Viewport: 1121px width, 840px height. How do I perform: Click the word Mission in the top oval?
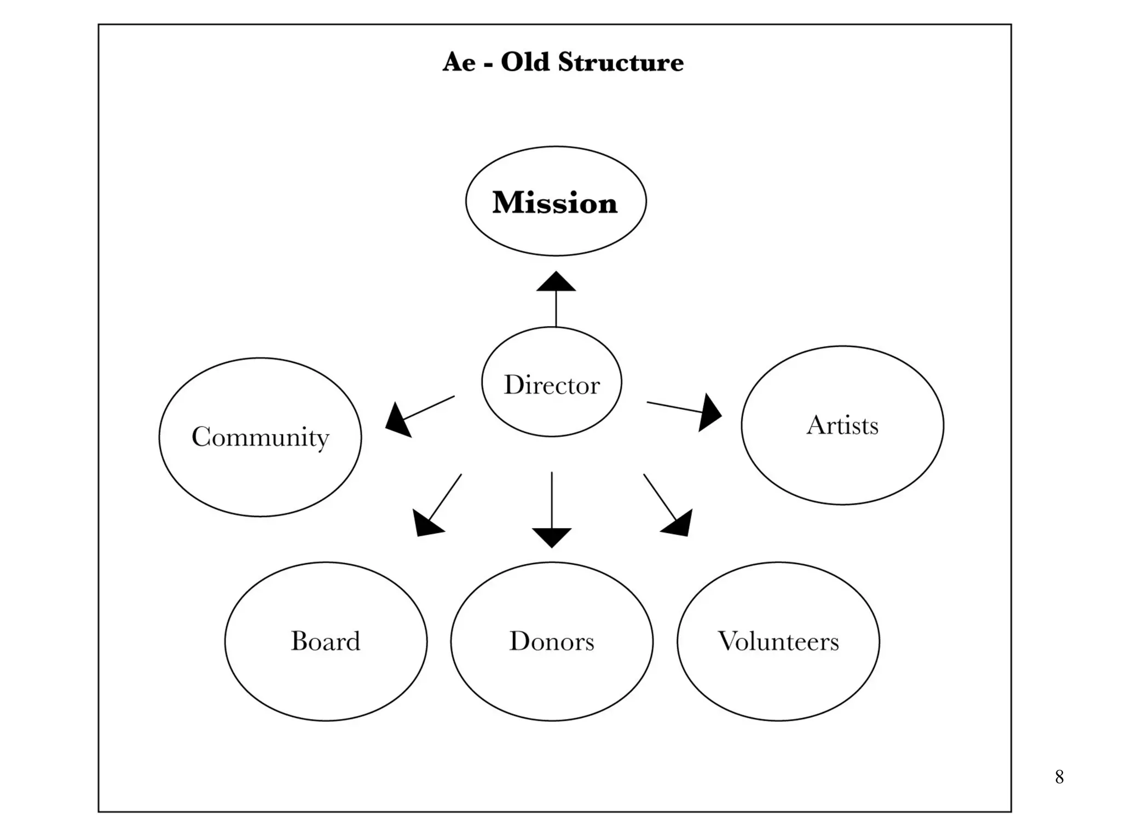[x=554, y=202]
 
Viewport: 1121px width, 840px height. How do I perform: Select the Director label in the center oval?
[x=552, y=385]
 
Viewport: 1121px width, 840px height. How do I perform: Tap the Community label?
[x=261, y=437]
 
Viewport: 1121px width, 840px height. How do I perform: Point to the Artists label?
[x=842, y=425]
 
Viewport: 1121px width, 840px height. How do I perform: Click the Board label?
[x=326, y=641]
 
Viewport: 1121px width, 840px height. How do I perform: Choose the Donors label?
[x=552, y=641]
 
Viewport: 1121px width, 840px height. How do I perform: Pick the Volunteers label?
[x=778, y=641]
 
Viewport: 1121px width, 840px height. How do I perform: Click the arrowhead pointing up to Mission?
[x=556, y=282]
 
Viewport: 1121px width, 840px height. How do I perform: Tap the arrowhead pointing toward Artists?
[x=709, y=413]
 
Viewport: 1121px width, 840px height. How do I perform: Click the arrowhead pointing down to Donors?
[x=552, y=536]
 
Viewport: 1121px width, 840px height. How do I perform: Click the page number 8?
[x=1059, y=777]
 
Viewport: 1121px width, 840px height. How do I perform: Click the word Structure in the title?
[x=621, y=62]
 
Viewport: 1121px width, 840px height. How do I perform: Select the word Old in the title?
[x=525, y=62]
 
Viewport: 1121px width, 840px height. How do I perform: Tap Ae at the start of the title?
[x=459, y=62]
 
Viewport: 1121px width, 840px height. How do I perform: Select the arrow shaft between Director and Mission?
[x=556, y=309]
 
